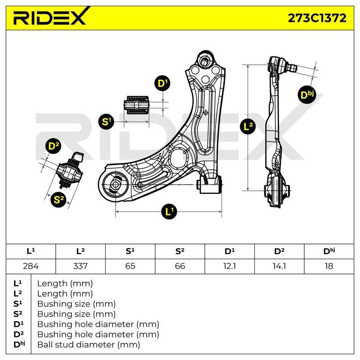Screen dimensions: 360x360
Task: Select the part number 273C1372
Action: coord(317,18)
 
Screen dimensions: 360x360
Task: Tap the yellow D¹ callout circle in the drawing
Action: coord(162,83)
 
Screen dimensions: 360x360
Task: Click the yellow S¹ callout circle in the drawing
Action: coord(106,121)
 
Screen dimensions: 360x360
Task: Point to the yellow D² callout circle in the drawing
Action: coord(54,145)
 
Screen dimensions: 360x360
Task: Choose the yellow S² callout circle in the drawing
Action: coord(58,199)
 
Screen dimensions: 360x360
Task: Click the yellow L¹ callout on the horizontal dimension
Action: coord(169,211)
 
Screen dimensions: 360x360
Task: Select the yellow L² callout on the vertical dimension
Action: coord(247,126)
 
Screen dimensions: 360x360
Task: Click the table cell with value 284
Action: coord(31,266)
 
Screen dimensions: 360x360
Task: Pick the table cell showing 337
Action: coord(81,266)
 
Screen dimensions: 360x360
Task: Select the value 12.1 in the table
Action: coord(229,266)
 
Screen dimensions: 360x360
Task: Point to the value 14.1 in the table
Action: coord(279,266)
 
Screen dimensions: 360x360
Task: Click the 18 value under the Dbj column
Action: coord(329,266)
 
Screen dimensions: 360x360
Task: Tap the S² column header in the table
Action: coord(180,252)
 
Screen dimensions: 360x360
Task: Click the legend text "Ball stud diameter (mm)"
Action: coord(89,345)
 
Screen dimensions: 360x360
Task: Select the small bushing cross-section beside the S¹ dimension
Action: coord(136,105)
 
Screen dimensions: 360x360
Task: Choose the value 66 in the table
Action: coord(180,266)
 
